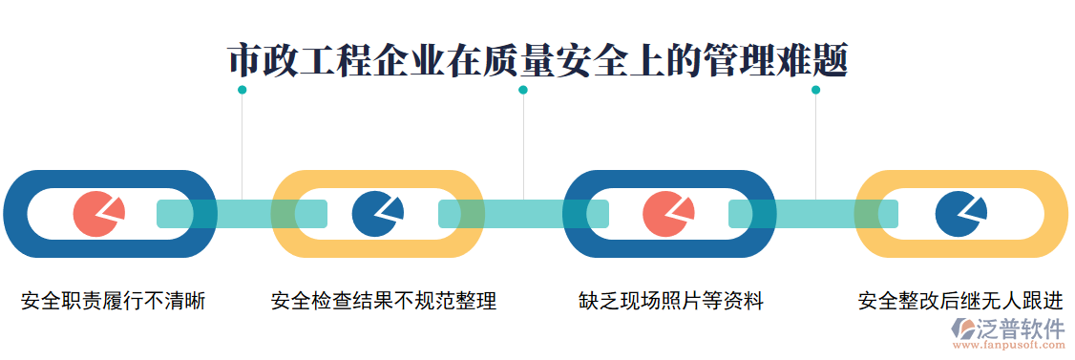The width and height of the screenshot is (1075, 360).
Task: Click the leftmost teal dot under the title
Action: coord(242,90)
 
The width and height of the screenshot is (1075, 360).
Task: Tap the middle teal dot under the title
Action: coord(523,90)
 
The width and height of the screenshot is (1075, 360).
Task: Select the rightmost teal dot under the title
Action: coord(815,90)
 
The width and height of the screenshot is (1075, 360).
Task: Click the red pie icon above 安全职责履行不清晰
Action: coord(97,213)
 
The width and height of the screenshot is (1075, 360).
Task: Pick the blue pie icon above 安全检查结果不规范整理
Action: coord(377,213)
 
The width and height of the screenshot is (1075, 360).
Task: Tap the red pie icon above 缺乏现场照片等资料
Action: coord(667,213)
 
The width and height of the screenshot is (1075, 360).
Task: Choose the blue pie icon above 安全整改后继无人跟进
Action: coord(959,213)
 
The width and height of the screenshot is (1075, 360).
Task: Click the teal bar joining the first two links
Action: coord(242,214)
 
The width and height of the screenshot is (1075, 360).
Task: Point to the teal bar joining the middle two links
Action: coord(523,214)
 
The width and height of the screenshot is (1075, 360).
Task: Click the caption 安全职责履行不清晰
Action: coord(114,302)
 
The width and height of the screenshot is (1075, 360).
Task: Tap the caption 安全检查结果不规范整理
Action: coord(384,302)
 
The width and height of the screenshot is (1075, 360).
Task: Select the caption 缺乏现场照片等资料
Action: coord(671,302)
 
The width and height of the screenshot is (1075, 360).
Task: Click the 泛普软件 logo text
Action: coord(1022,329)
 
